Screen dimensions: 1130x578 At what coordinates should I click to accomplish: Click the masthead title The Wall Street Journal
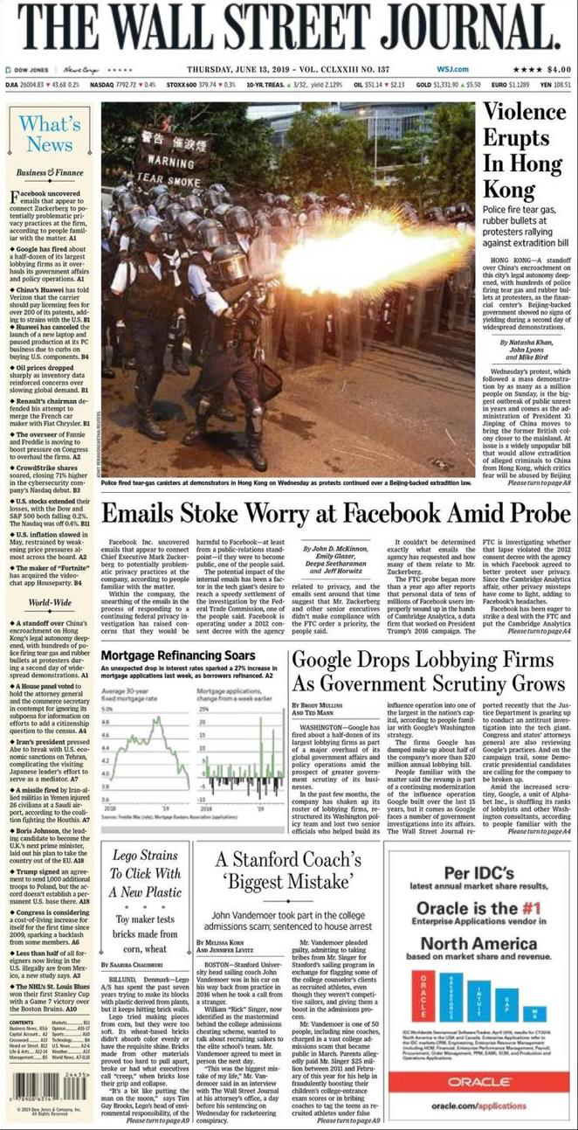click(x=288, y=30)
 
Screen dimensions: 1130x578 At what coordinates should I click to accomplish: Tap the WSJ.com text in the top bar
click(x=453, y=70)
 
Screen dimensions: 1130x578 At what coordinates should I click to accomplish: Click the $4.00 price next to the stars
click(x=556, y=70)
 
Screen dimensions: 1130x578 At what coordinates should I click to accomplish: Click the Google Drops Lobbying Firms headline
click(x=429, y=671)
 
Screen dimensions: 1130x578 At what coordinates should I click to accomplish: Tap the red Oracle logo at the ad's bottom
click(x=478, y=1082)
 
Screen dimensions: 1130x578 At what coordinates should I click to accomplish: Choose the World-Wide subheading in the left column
click(x=50, y=602)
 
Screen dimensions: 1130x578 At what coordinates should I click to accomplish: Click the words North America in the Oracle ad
click(x=478, y=944)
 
